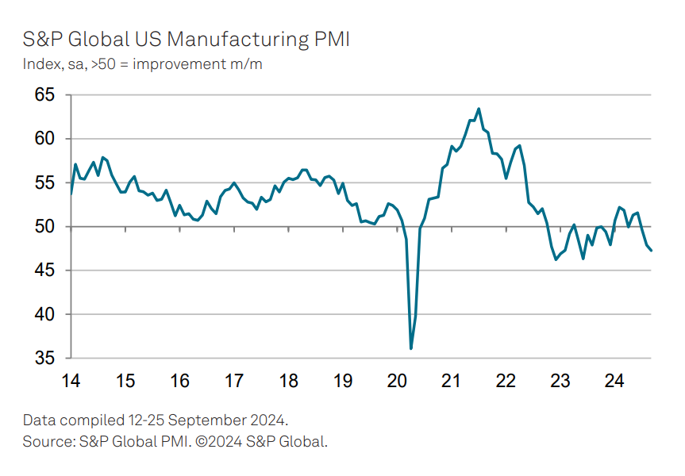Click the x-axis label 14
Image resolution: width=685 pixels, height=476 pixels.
click(71, 382)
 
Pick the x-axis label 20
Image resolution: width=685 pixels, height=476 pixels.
click(397, 382)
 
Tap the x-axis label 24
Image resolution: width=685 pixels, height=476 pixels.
click(614, 382)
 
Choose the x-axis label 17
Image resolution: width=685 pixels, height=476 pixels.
click(234, 382)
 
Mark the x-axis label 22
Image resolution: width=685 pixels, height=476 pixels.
click(506, 382)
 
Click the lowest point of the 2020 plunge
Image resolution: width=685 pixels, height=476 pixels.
click(411, 348)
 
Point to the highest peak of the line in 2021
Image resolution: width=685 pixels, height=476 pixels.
click(479, 109)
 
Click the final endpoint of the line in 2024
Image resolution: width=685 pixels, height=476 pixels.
click(652, 251)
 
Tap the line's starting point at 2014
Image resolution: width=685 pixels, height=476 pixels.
click(71, 194)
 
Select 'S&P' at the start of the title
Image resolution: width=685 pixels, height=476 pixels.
click(41, 39)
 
